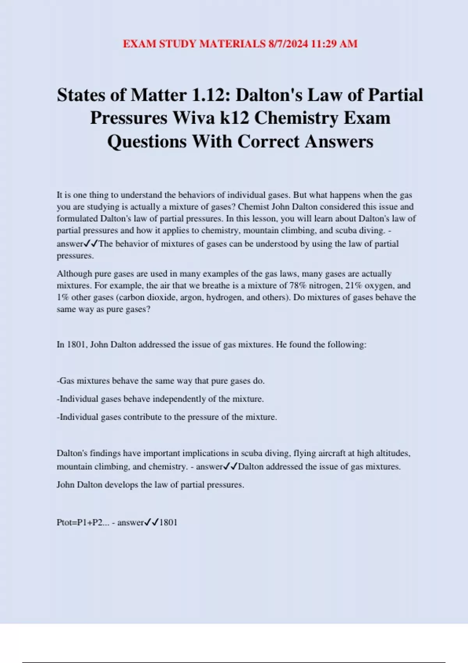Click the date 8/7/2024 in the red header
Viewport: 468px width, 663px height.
coord(288,44)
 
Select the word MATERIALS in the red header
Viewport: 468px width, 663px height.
coord(232,44)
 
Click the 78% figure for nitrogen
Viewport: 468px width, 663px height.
coord(298,285)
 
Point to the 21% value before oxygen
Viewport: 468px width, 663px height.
coord(354,285)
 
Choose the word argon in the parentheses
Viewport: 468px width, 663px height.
coord(190,298)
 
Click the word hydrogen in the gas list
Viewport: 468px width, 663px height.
coord(224,298)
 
